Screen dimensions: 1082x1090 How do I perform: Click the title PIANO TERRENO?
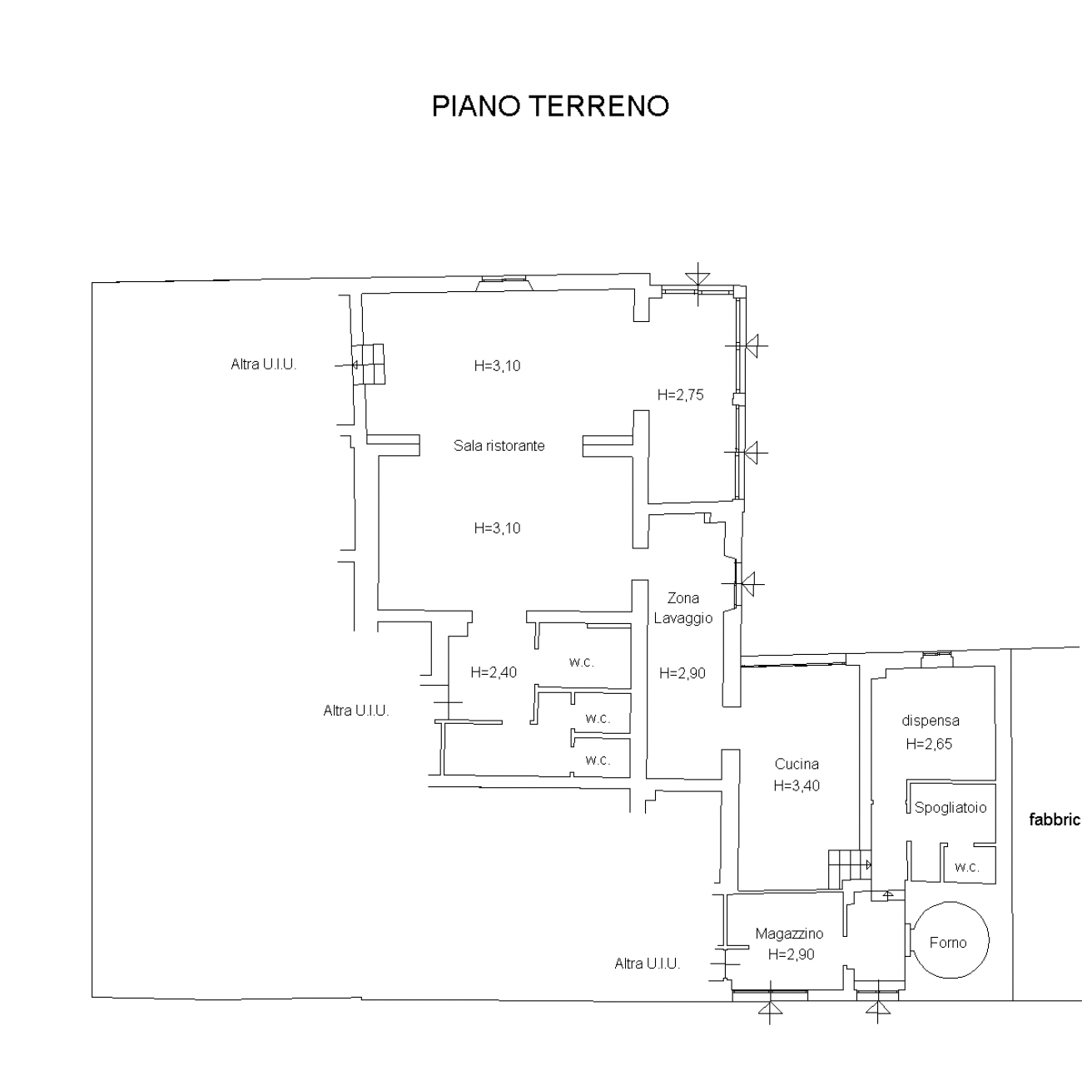pyautogui.click(x=550, y=106)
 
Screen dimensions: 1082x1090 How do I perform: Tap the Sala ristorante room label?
pyautogui.click(x=499, y=446)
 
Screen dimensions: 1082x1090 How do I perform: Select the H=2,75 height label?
pyautogui.click(x=680, y=395)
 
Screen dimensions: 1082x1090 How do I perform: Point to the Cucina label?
pyautogui.click(x=797, y=764)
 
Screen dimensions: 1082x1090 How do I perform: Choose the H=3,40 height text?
pyautogui.click(x=797, y=785)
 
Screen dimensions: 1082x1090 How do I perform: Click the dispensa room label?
pyautogui.click(x=931, y=721)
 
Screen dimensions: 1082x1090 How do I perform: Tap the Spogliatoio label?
pyautogui.click(x=950, y=808)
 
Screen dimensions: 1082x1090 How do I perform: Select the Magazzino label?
pyautogui.click(x=789, y=934)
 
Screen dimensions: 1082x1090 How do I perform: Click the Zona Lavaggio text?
pyautogui.click(x=683, y=608)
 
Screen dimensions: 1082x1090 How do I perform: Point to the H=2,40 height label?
pyautogui.click(x=494, y=672)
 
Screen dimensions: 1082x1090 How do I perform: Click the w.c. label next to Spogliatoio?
pyautogui.click(x=966, y=867)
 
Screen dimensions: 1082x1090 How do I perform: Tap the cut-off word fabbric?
pyautogui.click(x=1055, y=820)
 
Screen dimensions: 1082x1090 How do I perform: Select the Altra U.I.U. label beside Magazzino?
pyautogui.click(x=648, y=964)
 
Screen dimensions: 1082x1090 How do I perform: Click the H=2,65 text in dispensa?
pyautogui.click(x=929, y=744)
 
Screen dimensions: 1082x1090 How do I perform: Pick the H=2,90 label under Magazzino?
pyautogui.click(x=792, y=955)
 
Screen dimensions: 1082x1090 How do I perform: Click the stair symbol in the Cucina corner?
pyautogui.click(x=849, y=870)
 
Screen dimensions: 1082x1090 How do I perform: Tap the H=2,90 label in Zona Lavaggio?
pyautogui.click(x=682, y=673)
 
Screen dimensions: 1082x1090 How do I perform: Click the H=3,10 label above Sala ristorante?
pyautogui.click(x=498, y=366)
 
